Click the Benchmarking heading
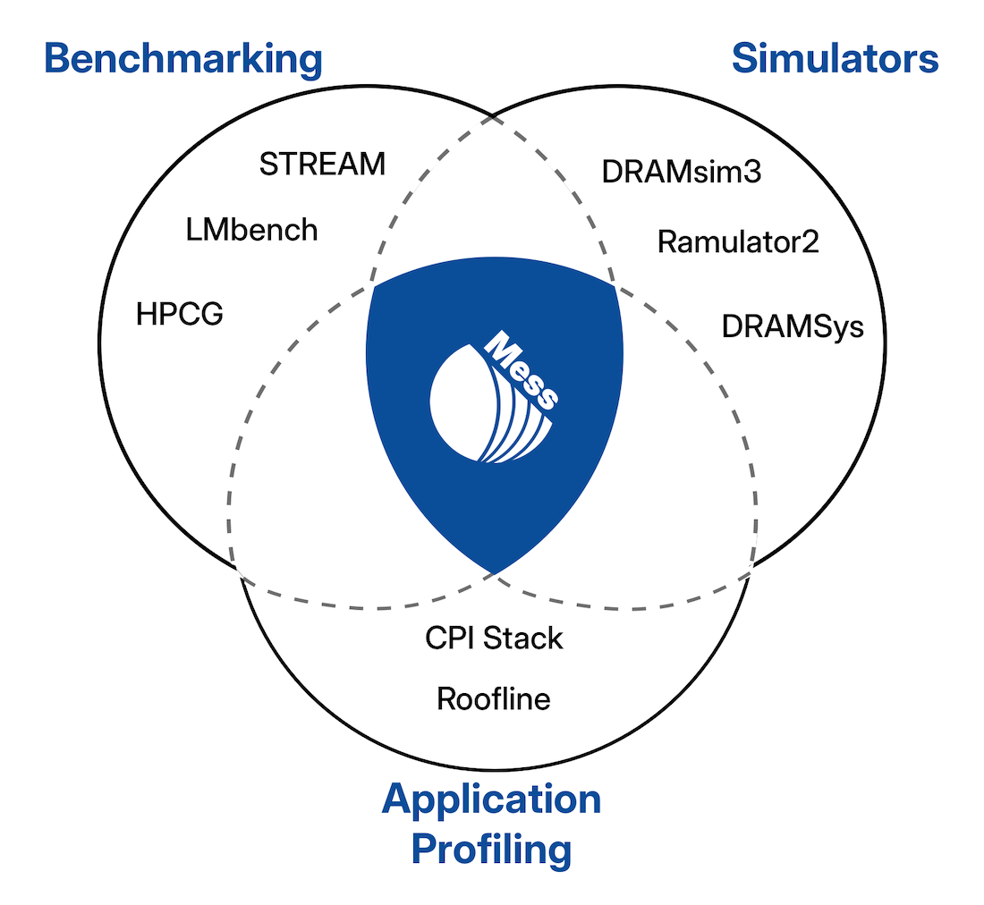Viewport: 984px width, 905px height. point(182,60)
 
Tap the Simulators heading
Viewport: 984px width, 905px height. point(835,59)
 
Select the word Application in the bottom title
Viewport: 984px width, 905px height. point(491,799)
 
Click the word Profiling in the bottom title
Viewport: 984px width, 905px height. point(491,849)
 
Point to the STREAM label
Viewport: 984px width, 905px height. point(322,165)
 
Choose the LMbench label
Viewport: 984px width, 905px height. point(251,230)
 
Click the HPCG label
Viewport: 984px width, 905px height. point(179,315)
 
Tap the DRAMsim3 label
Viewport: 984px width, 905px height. point(681,172)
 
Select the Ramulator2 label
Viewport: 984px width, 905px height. point(738,241)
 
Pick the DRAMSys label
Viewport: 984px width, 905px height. point(793,327)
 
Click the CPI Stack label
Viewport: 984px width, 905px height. point(494,638)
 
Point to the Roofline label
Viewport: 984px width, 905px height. point(493,698)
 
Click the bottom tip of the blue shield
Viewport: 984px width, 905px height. point(493,573)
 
